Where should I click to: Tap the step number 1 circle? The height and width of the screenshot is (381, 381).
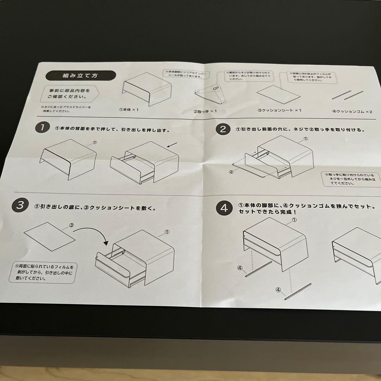click(42, 128)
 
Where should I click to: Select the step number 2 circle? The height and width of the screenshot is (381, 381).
click(223, 129)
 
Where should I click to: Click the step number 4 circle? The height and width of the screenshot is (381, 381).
click(224, 208)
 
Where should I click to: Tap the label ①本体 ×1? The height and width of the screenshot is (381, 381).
click(129, 110)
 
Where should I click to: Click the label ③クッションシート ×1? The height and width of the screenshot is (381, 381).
click(279, 110)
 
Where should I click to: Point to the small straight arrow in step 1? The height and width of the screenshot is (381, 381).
click(172, 145)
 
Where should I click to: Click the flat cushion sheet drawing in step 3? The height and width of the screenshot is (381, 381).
click(49, 236)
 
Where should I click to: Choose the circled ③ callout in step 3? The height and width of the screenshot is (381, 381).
click(71, 224)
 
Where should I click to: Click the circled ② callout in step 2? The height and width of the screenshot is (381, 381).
click(231, 172)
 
